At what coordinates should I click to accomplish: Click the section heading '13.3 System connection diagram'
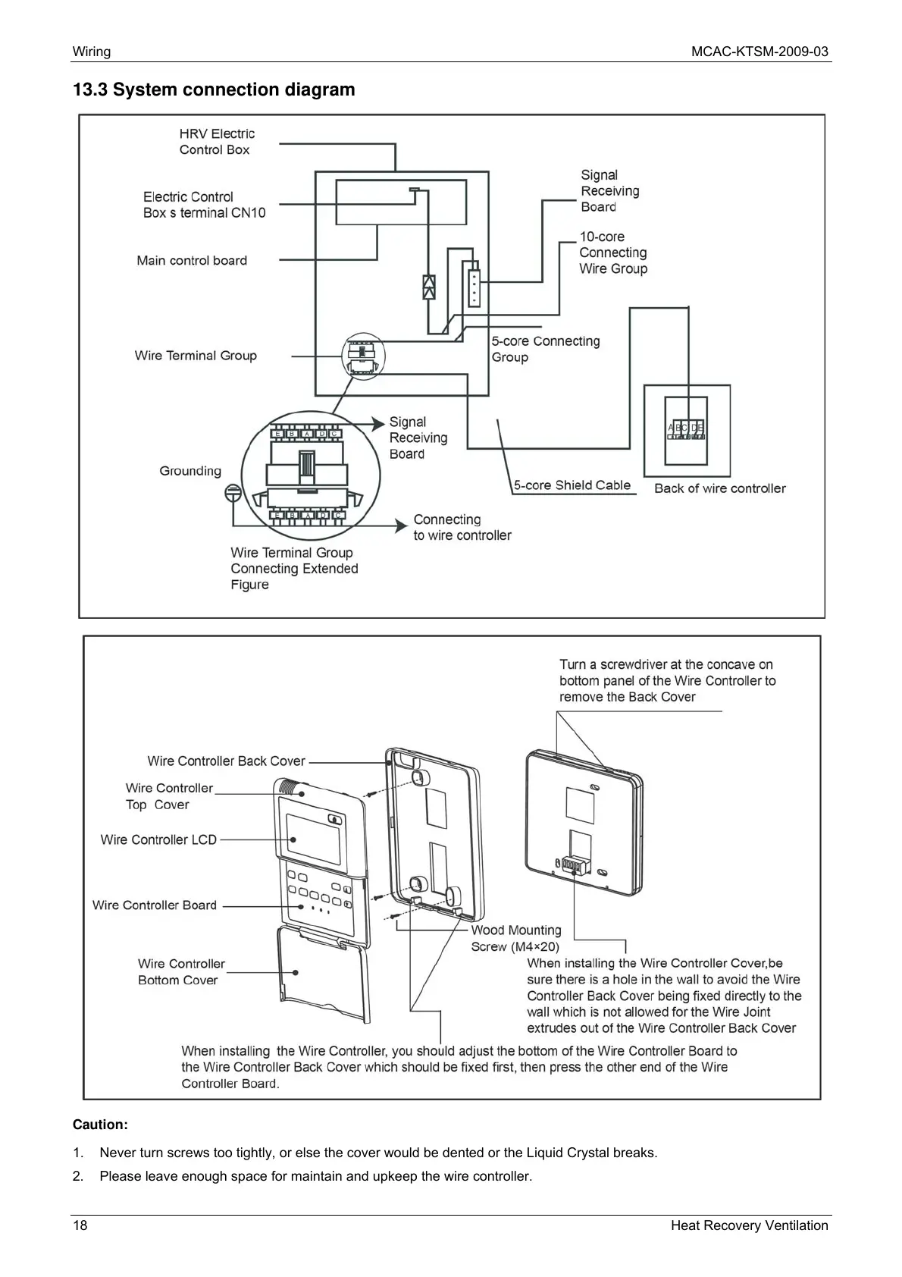click(x=214, y=89)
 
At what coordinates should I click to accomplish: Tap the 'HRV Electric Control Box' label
click(x=217, y=142)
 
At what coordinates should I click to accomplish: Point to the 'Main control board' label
click(x=192, y=261)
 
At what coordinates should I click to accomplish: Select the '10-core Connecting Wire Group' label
click(x=613, y=253)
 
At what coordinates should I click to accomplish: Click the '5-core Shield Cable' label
click(x=572, y=485)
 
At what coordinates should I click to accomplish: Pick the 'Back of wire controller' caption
click(x=719, y=488)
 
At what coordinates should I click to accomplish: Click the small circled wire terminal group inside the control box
click(x=363, y=356)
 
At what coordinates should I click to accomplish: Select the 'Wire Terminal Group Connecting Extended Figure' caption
click(x=294, y=569)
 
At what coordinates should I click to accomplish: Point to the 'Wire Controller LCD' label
click(x=158, y=839)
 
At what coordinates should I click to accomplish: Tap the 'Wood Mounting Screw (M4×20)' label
click(x=516, y=938)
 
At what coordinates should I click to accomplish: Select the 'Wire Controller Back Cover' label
click(x=226, y=761)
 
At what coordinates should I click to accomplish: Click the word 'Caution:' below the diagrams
click(x=100, y=1124)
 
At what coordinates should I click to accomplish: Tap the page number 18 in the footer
click(x=80, y=1225)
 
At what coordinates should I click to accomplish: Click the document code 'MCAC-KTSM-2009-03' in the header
click(x=759, y=52)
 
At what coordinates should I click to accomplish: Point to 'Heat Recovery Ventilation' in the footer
click(x=749, y=1225)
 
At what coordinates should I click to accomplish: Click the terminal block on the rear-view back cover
click(x=575, y=865)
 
